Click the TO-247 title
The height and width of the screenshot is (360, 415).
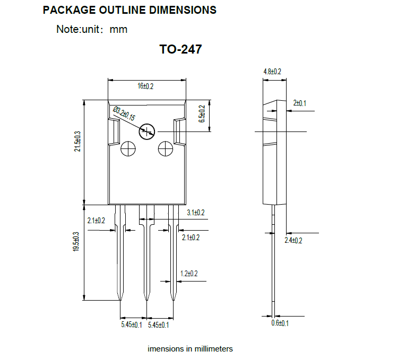click(180, 49)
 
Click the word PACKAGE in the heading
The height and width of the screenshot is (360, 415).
click(70, 10)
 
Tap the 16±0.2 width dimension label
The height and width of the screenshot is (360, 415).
click(145, 86)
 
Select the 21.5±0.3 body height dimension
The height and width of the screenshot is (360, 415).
click(77, 141)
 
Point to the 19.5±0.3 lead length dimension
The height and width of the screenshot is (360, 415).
click(76, 241)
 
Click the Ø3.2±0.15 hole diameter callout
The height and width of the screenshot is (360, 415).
click(124, 113)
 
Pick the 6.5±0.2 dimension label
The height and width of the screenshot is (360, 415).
click(202, 114)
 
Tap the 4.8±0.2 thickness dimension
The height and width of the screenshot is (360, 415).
click(272, 72)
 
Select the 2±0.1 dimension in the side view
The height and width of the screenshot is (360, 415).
click(300, 103)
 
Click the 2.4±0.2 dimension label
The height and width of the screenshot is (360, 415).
click(293, 240)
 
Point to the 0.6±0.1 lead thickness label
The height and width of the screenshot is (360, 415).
click(280, 323)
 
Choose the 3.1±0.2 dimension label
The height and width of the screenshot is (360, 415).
click(196, 213)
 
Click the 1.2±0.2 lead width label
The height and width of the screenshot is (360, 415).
click(189, 273)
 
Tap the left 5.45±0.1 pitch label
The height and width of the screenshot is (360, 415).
click(132, 324)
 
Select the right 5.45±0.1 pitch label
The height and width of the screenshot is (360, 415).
click(158, 325)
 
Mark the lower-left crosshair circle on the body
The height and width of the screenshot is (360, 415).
click(128, 141)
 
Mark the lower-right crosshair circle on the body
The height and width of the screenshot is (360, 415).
click(166, 141)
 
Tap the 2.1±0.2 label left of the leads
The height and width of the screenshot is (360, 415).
click(96, 221)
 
